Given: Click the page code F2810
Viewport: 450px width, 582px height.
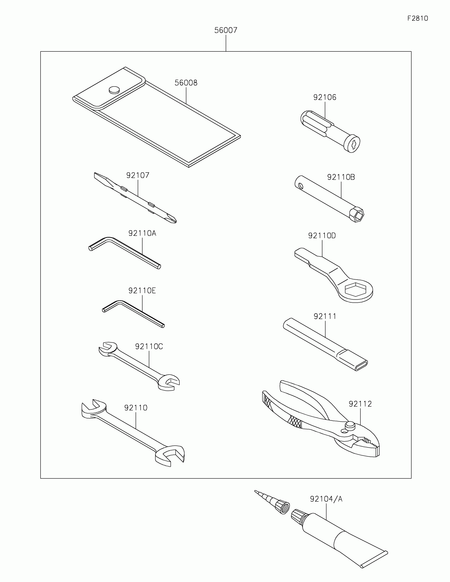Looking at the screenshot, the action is point(417,18).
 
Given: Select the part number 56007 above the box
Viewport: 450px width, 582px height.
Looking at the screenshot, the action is point(226,30).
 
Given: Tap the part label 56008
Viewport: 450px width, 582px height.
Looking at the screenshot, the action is point(186,83).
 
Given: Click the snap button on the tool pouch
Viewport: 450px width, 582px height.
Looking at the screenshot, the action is point(114,90).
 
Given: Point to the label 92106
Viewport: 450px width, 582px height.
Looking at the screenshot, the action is point(325,98).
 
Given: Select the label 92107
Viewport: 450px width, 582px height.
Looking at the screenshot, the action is point(138,175).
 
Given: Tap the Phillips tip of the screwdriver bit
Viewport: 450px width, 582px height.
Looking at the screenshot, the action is point(172,219).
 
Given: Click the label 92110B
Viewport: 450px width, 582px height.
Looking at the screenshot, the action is point(341,177).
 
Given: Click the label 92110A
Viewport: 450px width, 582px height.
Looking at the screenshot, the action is point(142,233).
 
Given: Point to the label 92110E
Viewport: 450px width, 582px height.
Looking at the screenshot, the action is point(142,290).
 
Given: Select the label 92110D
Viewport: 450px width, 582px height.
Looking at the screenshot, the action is point(322,236).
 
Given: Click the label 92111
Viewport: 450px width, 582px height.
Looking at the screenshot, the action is point(325,316).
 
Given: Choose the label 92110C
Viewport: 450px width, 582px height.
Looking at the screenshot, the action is point(149,346).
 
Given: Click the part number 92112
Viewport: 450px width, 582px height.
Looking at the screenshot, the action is point(360,404).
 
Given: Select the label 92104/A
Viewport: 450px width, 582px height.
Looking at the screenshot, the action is point(326,499).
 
